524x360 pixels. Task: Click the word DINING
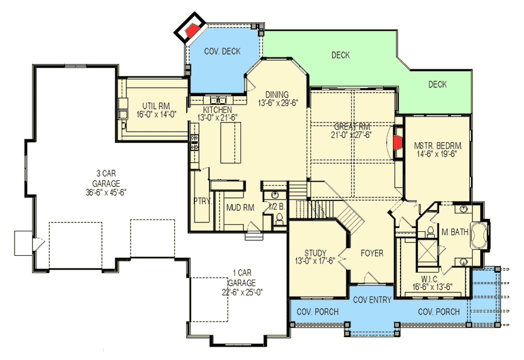(x=277, y=95)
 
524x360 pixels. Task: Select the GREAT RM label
(x=353, y=126)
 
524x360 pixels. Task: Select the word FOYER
(x=372, y=253)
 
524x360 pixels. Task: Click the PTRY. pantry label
(x=201, y=201)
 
